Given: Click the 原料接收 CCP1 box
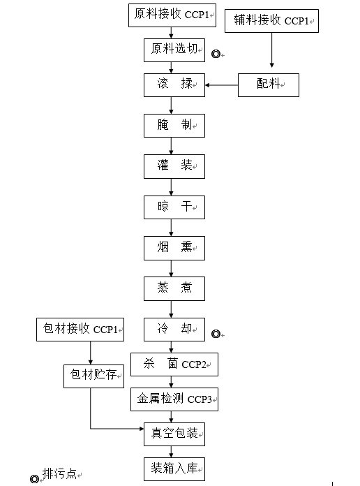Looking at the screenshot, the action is point(172,15).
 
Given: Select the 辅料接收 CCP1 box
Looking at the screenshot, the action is point(271,21).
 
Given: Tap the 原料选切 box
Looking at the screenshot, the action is point(174,50).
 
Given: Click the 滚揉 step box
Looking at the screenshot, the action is point(174,85).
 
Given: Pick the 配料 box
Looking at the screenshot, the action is point(269,85).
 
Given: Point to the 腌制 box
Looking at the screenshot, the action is point(174,126).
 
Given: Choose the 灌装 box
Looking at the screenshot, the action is point(174,166).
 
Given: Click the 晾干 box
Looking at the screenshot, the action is point(174,207).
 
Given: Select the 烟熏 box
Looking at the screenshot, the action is point(174,249).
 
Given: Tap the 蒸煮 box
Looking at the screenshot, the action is point(174,289).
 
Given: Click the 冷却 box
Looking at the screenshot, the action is point(174,330).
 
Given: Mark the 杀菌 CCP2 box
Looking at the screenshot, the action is point(174,364).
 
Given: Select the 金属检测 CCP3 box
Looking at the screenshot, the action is point(174,399).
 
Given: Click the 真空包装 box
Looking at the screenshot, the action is point(174,434).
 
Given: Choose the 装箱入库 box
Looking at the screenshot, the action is point(174,469).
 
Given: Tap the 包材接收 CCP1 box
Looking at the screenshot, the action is point(80,330).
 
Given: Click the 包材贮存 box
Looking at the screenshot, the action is point(94,376).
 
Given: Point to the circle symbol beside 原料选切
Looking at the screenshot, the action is point(216,54).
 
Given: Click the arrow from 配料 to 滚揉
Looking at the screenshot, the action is point(222,85).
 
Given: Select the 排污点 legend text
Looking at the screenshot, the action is point(59,473).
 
